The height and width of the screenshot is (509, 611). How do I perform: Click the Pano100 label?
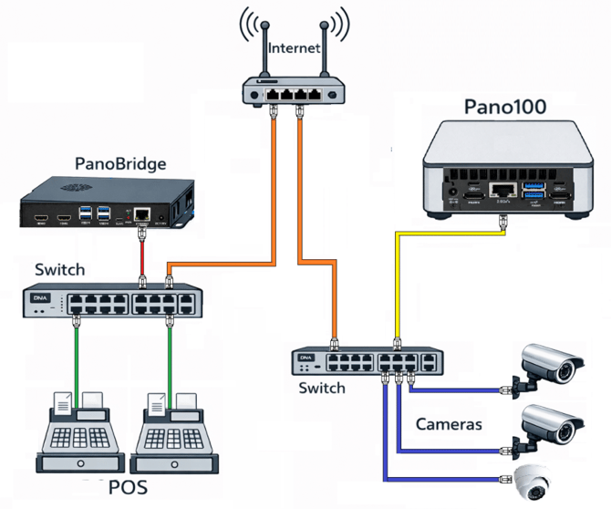(504, 107)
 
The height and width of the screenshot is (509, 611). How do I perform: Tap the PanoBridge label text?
(121, 164)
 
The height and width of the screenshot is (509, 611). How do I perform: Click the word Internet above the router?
(294, 47)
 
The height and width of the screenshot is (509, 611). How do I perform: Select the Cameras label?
(449, 424)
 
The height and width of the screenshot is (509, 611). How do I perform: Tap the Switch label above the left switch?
(59, 270)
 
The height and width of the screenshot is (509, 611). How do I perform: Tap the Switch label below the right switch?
(322, 388)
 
